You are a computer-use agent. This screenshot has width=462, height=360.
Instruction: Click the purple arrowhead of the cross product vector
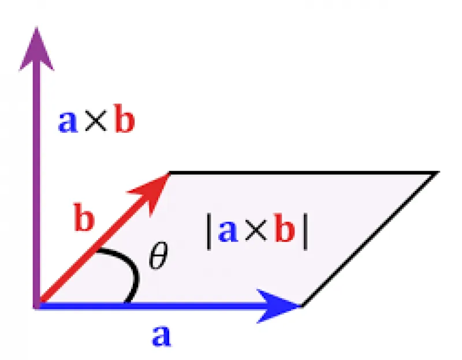tap(36, 50)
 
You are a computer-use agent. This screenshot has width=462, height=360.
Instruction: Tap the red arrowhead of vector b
tap(153, 189)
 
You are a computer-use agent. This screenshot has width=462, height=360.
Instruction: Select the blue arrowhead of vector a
tap(277, 306)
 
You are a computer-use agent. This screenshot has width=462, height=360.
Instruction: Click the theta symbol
tap(158, 255)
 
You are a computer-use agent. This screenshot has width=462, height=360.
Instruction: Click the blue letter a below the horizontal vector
tap(161, 336)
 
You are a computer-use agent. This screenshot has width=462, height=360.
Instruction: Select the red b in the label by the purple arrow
tap(124, 118)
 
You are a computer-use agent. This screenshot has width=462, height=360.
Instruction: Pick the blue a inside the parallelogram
tap(228, 231)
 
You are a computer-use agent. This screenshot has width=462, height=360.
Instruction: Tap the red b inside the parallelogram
tap(284, 227)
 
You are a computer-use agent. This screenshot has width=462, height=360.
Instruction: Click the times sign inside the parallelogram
tap(255, 231)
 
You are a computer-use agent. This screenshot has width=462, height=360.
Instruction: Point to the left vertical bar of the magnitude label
tap(209, 232)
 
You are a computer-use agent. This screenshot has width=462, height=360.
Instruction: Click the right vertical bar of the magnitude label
tap(305, 232)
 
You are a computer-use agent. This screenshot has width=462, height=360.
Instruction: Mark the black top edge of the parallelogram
tap(304, 172)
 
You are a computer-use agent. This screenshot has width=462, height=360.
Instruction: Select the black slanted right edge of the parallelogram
tap(370, 239)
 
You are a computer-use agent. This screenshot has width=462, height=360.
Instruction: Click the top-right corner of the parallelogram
tap(438, 172)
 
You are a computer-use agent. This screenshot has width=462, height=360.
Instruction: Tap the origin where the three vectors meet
tap(37, 306)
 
